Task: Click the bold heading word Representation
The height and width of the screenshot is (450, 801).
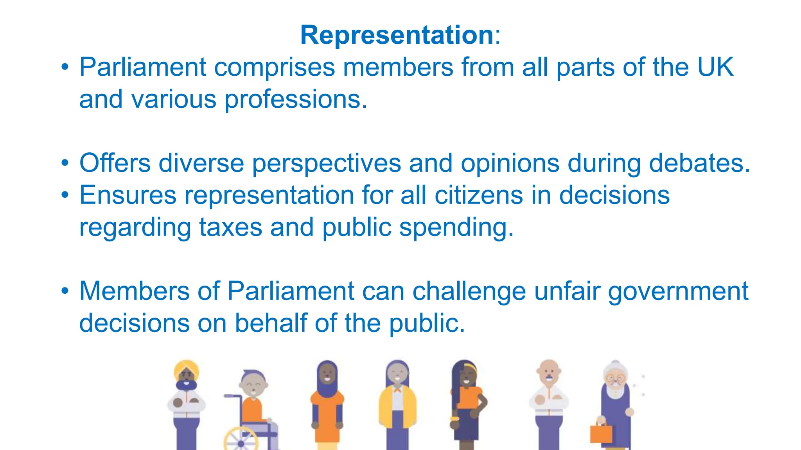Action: [397, 35]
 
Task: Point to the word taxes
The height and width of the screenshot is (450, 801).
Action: [230, 227]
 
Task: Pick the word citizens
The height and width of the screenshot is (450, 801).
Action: [479, 195]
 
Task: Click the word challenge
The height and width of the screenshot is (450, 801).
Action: [469, 291]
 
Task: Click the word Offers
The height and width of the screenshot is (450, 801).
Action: [115, 163]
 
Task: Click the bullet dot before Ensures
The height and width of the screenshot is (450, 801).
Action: [65, 195]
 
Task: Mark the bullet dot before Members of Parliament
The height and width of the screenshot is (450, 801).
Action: [65, 291]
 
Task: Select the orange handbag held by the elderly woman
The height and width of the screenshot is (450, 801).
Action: [601, 434]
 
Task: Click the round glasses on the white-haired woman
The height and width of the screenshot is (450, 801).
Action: [616, 379]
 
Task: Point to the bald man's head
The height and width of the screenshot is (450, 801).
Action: [548, 367]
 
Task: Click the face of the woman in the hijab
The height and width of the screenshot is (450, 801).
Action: [327, 376]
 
